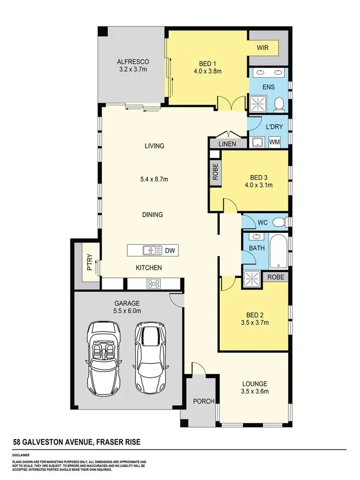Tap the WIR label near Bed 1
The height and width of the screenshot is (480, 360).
tap(262, 48)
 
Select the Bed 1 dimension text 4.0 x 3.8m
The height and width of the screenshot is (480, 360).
tap(207, 72)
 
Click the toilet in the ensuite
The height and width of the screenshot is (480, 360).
tap(278, 103)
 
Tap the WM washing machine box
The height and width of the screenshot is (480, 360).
tap(275, 142)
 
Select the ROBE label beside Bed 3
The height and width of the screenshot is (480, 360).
tap(216, 171)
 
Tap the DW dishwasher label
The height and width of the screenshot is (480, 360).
tap(169, 250)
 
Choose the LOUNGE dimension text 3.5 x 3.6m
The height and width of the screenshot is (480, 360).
tap(254, 392)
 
